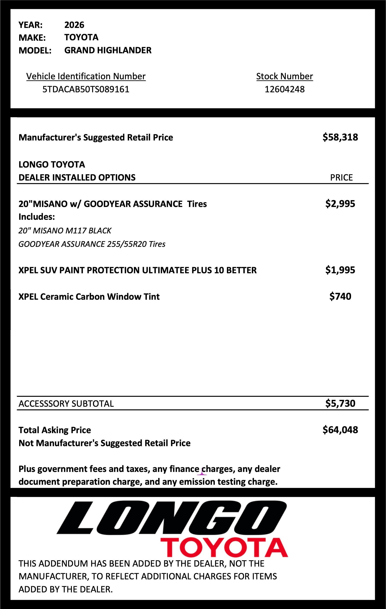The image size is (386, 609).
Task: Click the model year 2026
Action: click(74, 25)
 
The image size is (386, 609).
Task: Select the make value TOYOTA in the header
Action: click(81, 38)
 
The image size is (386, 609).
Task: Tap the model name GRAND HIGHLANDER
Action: click(108, 50)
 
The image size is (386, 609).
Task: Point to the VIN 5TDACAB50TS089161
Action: click(86, 89)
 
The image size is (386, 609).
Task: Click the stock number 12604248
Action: click(284, 89)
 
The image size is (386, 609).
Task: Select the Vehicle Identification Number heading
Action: click(86, 76)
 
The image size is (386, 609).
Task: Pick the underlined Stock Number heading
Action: click(284, 76)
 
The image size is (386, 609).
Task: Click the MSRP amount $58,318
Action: click(340, 137)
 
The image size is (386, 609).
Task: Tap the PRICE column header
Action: click(341, 178)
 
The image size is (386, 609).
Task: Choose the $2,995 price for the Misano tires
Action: click(340, 204)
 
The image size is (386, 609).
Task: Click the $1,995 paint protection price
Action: click(340, 270)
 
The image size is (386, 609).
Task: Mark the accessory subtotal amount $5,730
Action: click(340, 403)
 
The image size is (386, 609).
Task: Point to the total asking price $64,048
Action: click(340, 430)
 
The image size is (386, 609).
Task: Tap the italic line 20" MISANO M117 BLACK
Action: click(65, 231)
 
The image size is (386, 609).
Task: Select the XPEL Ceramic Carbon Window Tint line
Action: click(89, 297)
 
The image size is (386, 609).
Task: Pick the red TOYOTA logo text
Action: click(224, 548)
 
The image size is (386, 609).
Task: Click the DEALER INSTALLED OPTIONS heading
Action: click(77, 178)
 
